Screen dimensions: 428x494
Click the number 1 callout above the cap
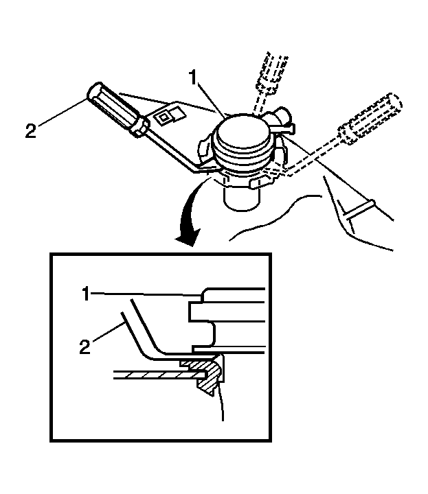click(193, 78)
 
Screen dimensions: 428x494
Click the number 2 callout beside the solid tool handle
click(31, 131)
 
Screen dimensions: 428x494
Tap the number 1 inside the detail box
click(86, 294)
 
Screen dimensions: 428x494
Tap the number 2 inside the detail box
click(85, 346)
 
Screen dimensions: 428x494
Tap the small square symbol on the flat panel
click(164, 118)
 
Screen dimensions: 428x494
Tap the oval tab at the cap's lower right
click(262, 183)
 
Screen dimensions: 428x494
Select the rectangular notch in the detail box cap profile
click(202, 312)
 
